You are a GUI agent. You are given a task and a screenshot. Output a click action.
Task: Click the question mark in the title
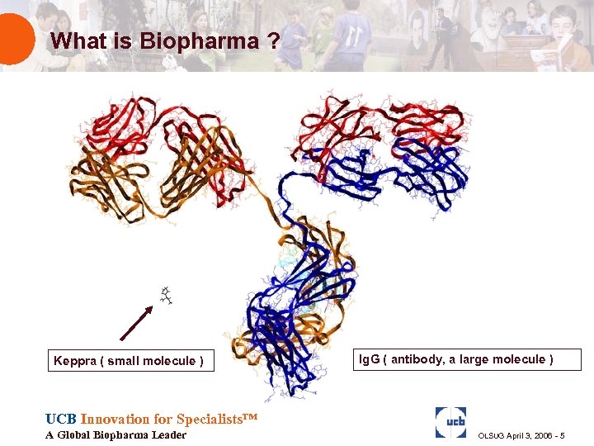point(272,40)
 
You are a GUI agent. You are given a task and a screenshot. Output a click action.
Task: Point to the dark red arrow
point(137,322)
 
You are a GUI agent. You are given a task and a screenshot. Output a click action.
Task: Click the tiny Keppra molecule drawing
point(166,296)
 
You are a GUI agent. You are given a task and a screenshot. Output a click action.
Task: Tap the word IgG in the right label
point(369,359)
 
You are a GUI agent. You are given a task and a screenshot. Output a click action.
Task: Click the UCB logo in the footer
point(450,422)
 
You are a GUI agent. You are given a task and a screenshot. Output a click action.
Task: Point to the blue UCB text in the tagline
point(61,419)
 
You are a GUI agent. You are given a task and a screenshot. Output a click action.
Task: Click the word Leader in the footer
point(169,435)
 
